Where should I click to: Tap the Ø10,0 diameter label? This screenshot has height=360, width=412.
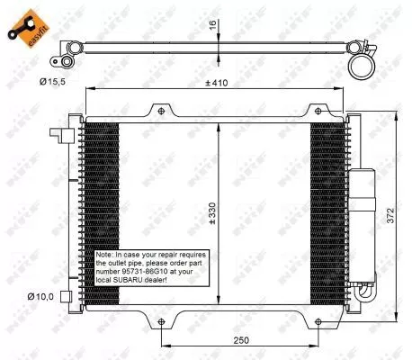[40, 295]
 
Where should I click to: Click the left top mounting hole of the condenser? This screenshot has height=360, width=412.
[160, 112]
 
